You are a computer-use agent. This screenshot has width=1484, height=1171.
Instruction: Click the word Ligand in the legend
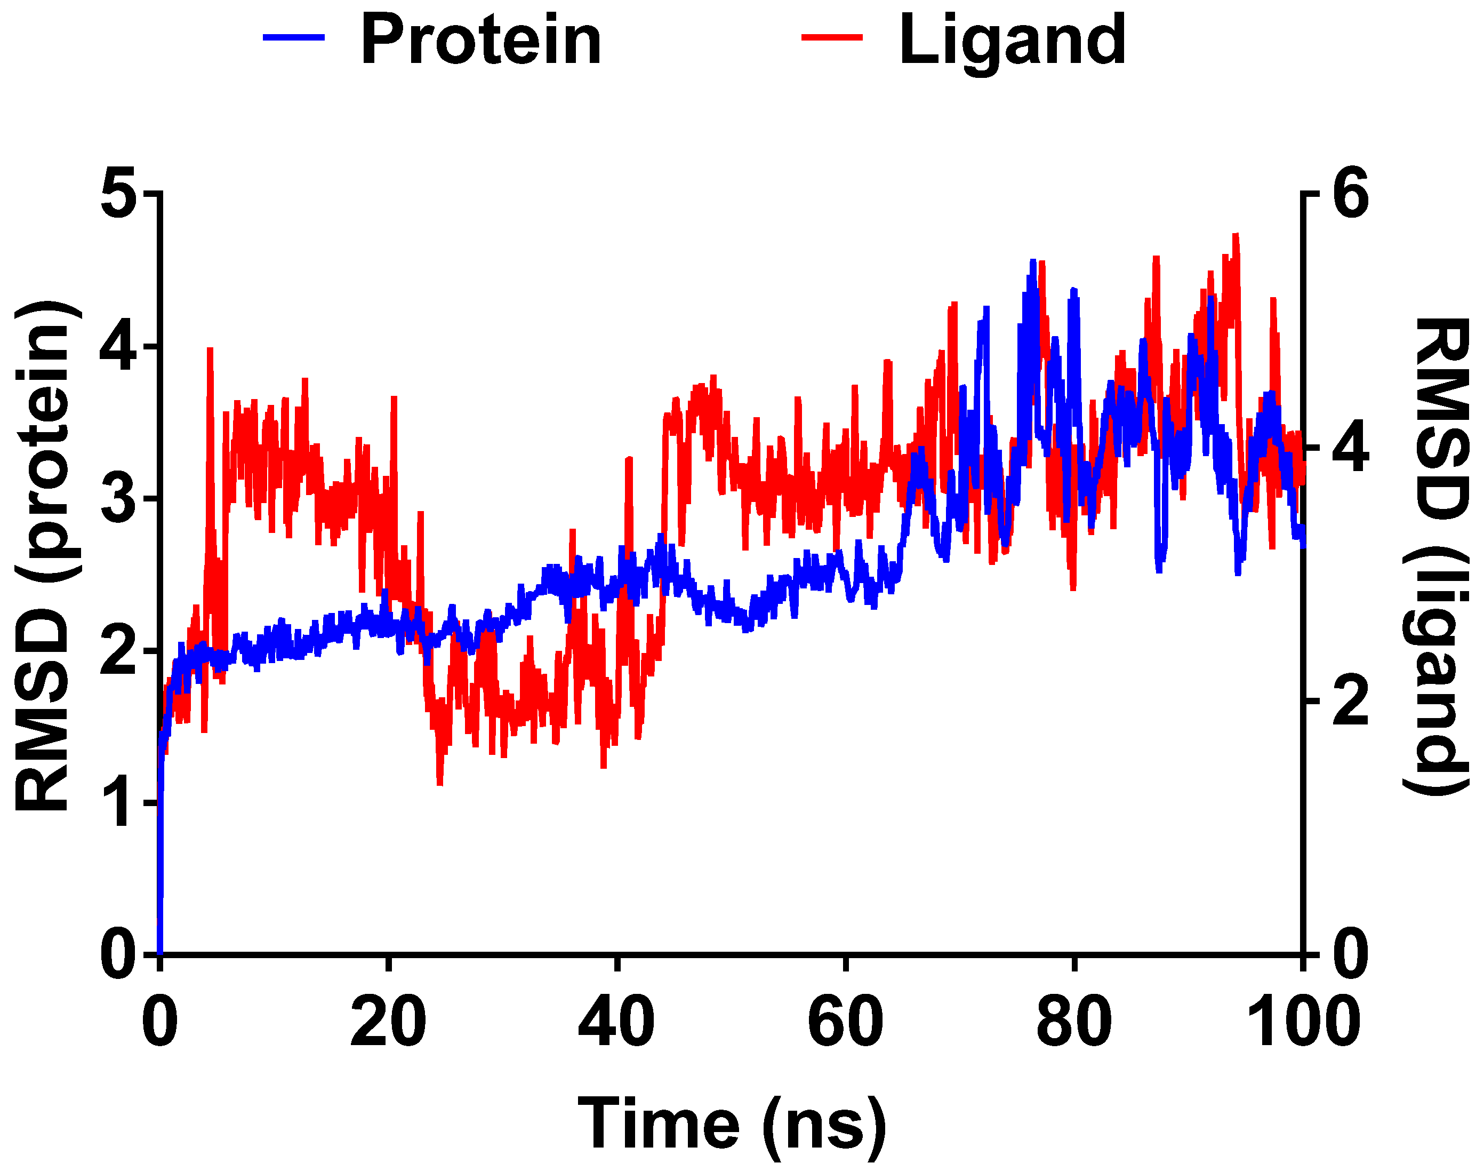pyautogui.click(x=1012, y=41)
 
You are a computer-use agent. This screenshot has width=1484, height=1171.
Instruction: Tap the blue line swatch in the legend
pyautogui.click(x=293, y=38)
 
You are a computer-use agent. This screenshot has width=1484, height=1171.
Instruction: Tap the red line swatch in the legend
pyautogui.click(x=832, y=38)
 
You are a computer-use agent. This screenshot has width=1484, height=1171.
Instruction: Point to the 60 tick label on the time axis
pyautogui.click(x=846, y=1022)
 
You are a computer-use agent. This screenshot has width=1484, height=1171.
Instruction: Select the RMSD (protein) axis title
pyautogui.click(x=43, y=555)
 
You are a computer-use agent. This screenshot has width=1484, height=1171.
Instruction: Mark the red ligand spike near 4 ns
pyautogui.click(x=210, y=351)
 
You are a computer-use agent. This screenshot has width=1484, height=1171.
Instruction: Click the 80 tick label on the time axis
pyautogui.click(x=1073, y=1022)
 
